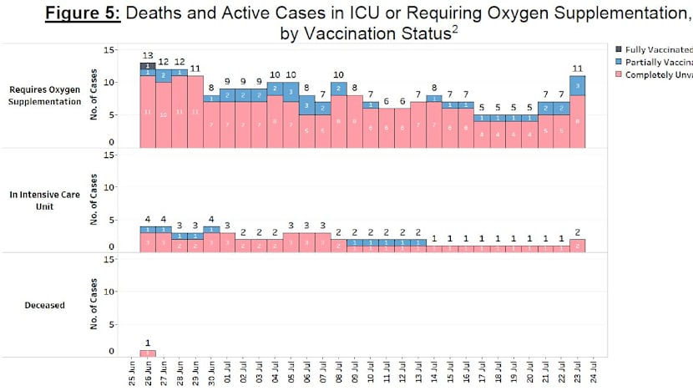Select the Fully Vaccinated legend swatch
pos(619,50)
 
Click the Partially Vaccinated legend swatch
pos(619,63)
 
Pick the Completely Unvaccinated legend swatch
pos(619,77)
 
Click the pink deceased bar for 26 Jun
pos(148,353)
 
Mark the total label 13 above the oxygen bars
pos(148,55)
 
